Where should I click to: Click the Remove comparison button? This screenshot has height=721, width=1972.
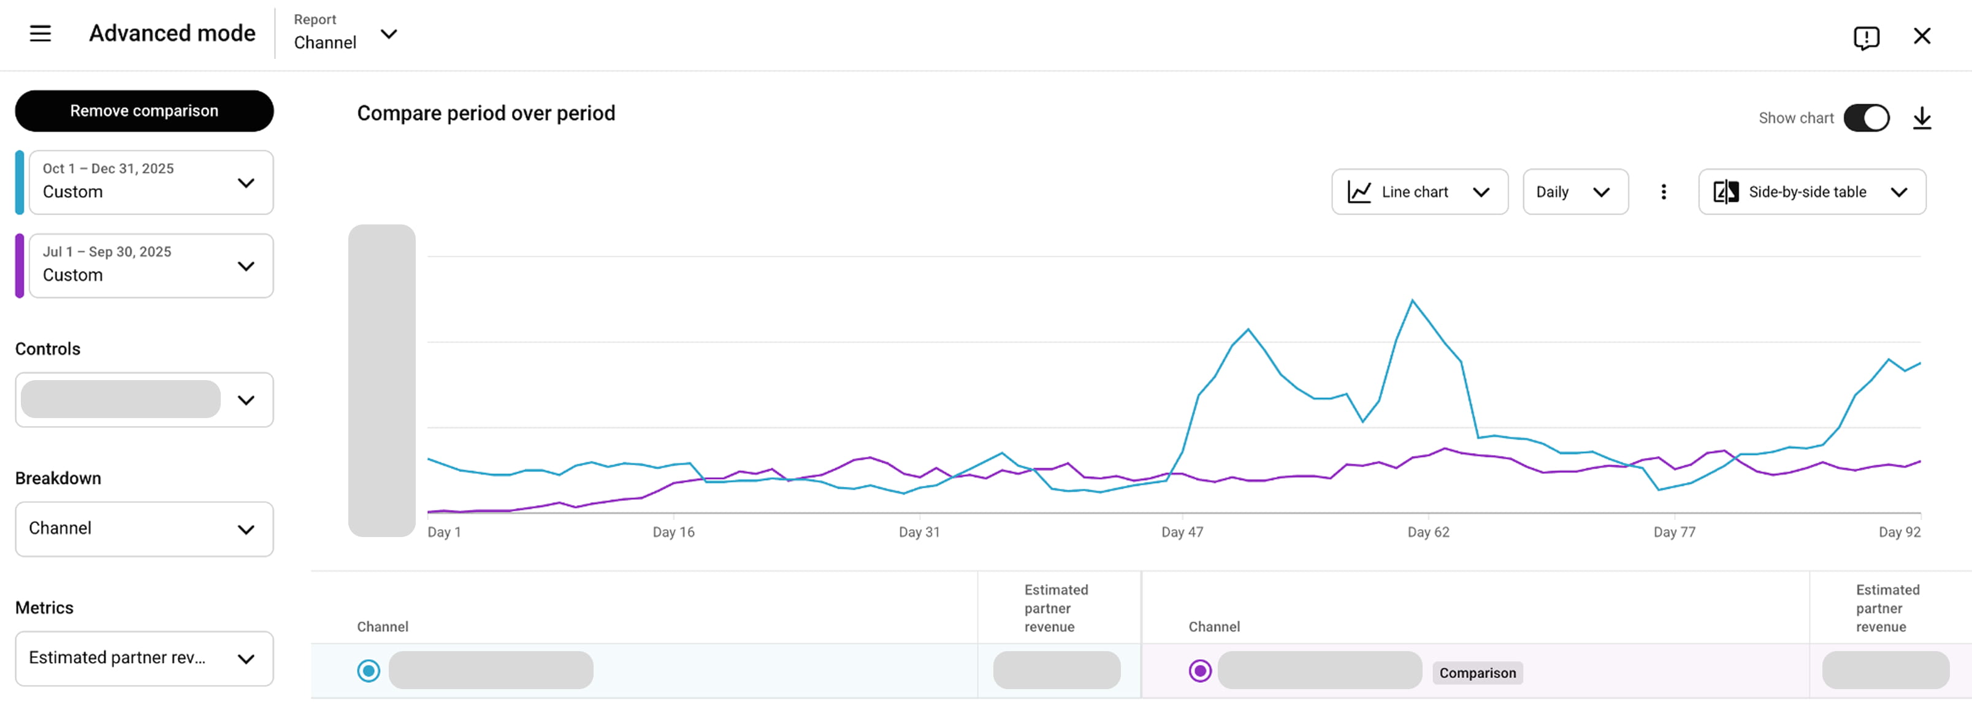[x=144, y=111]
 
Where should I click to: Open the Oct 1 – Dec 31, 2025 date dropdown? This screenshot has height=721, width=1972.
[x=151, y=182]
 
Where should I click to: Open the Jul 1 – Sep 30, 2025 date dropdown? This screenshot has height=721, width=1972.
[x=151, y=265]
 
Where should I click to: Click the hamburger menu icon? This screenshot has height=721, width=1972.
[x=40, y=34]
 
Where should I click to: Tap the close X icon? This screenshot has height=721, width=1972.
[x=1922, y=36]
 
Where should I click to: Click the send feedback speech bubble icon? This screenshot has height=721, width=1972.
[x=1865, y=37]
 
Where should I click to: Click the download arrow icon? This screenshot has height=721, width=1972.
[x=1922, y=118]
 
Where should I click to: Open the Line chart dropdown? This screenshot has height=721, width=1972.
[x=1420, y=191]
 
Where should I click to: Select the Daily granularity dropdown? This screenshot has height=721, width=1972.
[x=1575, y=191]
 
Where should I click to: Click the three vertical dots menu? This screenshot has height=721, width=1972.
[x=1663, y=191]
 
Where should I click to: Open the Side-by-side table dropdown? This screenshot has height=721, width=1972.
[x=1811, y=191]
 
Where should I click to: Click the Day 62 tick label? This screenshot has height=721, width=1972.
[x=1427, y=532]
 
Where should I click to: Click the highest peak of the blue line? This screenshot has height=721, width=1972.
[x=1412, y=301]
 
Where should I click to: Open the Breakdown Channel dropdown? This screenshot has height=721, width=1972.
[x=144, y=529]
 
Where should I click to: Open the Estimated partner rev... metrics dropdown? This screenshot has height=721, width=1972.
[x=144, y=658]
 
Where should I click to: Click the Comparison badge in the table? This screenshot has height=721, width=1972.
[x=1477, y=673]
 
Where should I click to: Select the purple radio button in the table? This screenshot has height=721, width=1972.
[x=1199, y=671]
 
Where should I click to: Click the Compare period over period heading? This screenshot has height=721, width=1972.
[x=486, y=113]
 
